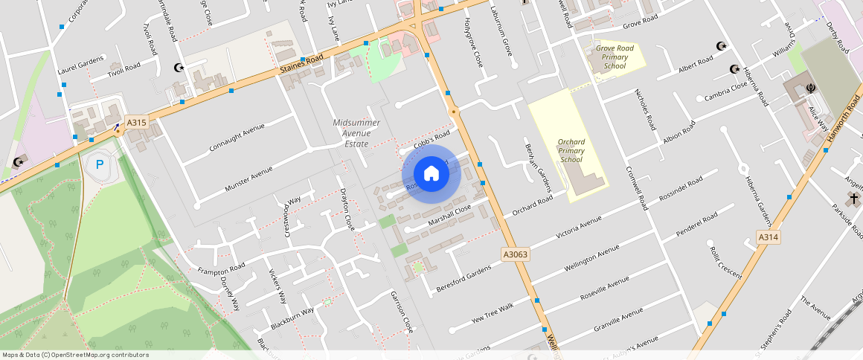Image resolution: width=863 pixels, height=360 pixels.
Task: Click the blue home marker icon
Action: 431,174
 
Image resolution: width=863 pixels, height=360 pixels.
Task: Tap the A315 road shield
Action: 136,122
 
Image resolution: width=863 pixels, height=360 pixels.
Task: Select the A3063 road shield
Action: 516,254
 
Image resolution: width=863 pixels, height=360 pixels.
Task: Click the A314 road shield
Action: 769,237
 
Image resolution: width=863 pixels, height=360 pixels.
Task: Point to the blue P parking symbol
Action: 100,164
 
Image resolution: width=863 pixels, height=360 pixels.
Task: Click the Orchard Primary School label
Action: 571,150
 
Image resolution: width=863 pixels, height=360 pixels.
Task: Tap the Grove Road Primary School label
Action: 615,57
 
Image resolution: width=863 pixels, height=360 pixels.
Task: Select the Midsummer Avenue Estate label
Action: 356,132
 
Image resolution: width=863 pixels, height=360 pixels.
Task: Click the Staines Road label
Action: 302,63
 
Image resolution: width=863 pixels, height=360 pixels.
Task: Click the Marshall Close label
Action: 450,216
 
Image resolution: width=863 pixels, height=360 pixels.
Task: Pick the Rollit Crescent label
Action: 725,263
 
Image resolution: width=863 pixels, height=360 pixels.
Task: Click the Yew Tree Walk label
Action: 493,314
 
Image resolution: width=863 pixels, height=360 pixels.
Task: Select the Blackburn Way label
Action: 292,318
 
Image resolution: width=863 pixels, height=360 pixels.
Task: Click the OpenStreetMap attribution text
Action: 75,355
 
